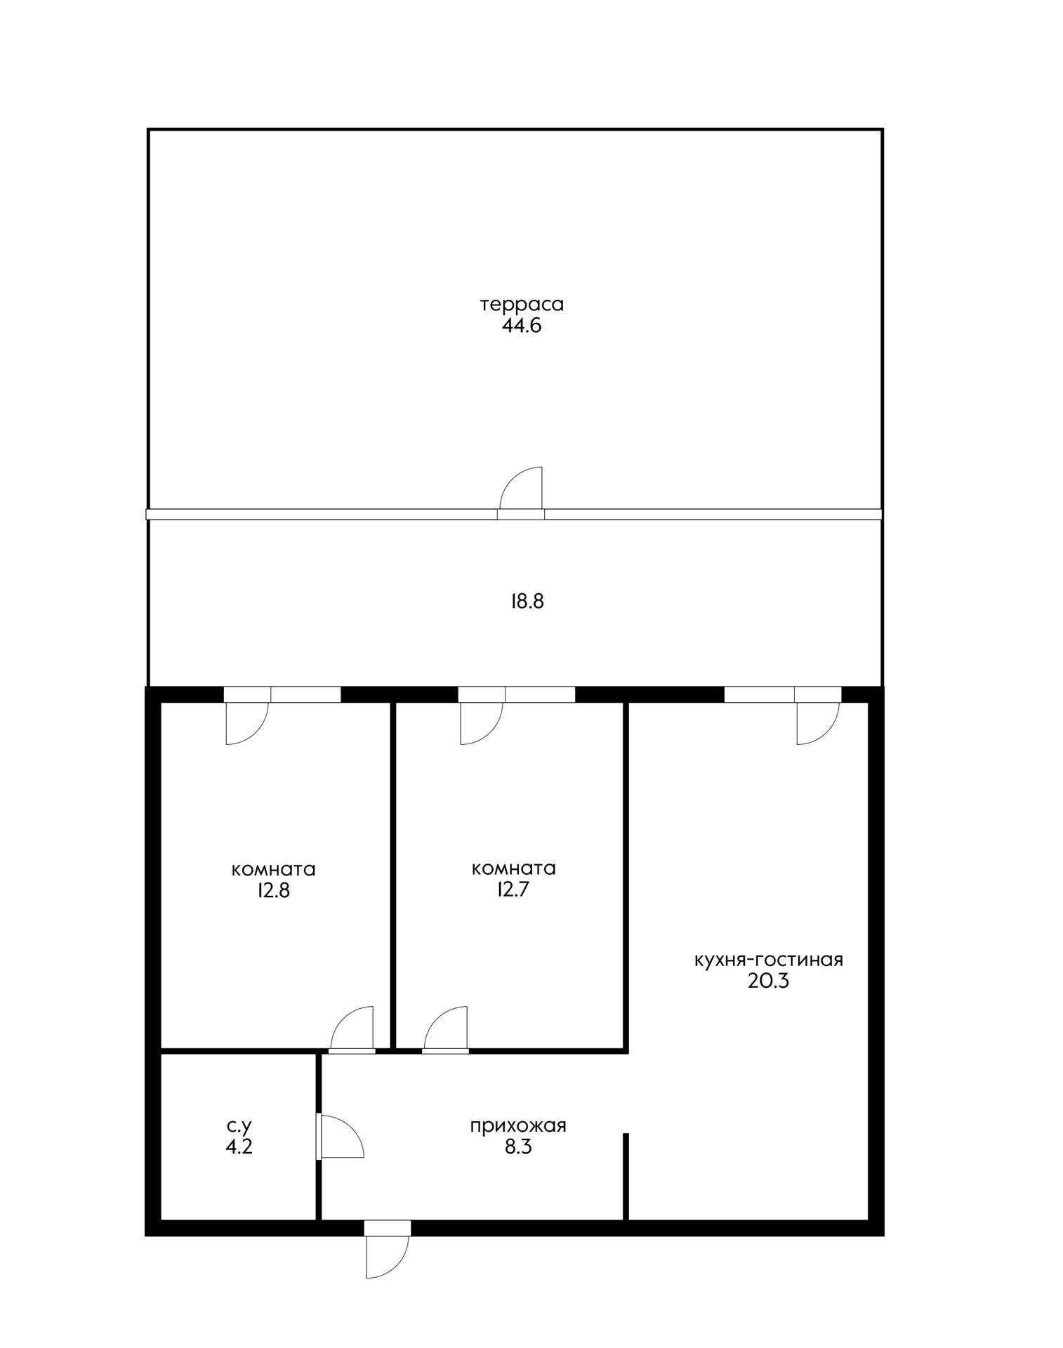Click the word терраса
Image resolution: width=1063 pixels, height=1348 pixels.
click(x=522, y=305)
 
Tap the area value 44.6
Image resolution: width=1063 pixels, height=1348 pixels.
click(x=522, y=326)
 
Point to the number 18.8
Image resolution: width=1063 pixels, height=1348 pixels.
click(x=527, y=601)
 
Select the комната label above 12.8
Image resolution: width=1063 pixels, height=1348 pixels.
click(x=273, y=869)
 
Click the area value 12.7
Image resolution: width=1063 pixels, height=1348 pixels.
click(x=514, y=890)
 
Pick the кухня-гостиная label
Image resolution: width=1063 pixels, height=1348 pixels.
click(x=768, y=960)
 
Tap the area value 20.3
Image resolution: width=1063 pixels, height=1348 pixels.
click(x=768, y=981)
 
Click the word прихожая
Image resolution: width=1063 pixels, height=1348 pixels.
click(x=518, y=1125)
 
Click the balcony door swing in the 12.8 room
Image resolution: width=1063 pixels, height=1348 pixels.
click(x=246, y=723)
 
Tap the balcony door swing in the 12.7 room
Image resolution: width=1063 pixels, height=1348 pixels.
click(x=480, y=723)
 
